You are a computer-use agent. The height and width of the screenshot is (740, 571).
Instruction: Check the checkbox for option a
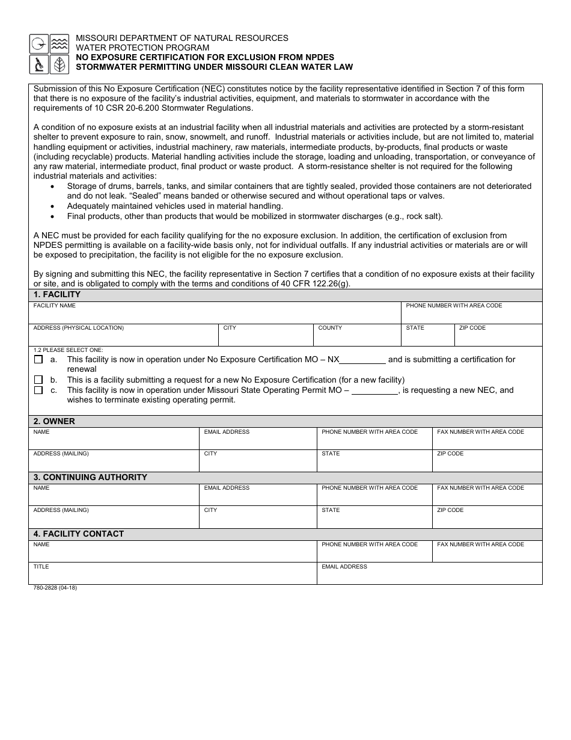[x=38, y=360]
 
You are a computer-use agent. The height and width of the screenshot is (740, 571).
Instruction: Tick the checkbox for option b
[x=38, y=380]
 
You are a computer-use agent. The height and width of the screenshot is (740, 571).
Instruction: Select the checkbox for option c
[x=38, y=390]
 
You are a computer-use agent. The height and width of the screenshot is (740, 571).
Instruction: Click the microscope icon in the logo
[x=38, y=64]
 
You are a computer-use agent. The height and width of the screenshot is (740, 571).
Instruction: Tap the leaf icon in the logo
[x=59, y=64]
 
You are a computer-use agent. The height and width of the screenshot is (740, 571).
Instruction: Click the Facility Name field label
[x=55, y=306]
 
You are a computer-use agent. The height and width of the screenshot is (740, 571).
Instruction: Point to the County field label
[x=330, y=328]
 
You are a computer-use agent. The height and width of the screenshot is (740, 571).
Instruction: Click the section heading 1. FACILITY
[x=57, y=295]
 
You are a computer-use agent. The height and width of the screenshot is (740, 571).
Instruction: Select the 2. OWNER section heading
[x=54, y=421]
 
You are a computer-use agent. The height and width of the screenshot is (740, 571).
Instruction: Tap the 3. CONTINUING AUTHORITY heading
[x=90, y=477]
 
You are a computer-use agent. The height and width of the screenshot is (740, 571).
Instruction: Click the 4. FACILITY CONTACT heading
[x=79, y=534]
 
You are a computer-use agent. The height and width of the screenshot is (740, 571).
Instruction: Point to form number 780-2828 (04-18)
[x=55, y=588]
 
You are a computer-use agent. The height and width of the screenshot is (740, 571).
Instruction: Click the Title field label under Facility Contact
[x=41, y=567]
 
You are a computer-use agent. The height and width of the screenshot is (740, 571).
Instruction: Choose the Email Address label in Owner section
[x=227, y=432]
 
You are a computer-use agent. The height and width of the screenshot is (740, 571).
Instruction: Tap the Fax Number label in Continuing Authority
[x=480, y=488]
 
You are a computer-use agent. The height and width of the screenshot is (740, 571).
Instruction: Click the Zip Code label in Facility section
[x=472, y=328]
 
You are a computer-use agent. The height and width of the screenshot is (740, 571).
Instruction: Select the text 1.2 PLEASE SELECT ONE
[x=68, y=350]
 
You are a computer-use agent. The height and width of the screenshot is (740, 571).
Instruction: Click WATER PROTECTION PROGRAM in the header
[x=142, y=48]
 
